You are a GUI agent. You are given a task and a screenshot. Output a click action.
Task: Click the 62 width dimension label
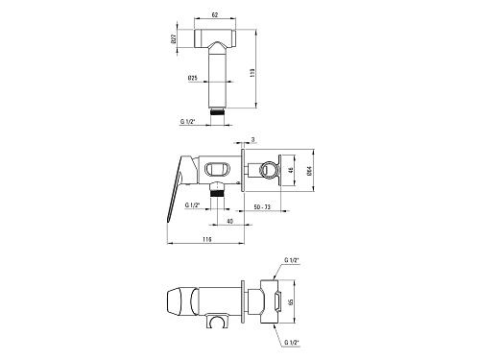[x=215, y=14]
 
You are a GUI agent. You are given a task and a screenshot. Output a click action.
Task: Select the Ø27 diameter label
[x=174, y=38]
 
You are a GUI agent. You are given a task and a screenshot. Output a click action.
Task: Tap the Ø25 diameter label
[x=193, y=78]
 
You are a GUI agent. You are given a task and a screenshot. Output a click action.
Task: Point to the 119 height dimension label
[x=252, y=73]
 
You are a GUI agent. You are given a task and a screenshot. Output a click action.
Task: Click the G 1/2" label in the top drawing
[x=188, y=121]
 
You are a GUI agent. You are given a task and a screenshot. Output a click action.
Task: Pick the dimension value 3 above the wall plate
[x=252, y=139]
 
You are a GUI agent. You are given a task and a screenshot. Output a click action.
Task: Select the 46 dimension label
[x=291, y=170]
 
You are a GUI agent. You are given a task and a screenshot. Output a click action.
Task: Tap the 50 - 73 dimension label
[x=262, y=207]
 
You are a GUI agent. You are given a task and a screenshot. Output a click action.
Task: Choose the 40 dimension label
[x=230, y=221]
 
